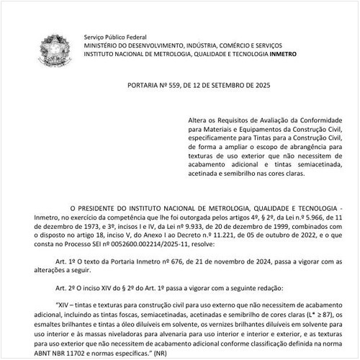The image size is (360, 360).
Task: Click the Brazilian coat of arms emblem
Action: point(55,51)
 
